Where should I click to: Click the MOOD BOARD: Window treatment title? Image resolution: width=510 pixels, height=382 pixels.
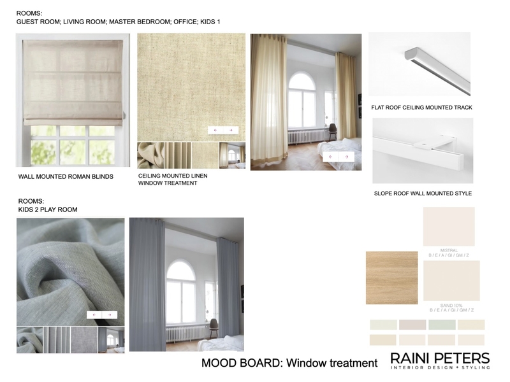pyautogui.click(x=289, y=364)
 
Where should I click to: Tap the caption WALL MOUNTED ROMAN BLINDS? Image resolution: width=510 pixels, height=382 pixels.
pyautogui.click(x=66, y=176)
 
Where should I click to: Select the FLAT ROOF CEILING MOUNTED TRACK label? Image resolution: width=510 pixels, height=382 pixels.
pyautogui.click(x=421, y=108)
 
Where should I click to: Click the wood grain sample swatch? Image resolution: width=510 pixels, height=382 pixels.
pyautogui.click(x=391, y=278)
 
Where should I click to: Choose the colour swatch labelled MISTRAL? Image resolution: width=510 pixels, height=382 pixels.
pyautogui.click(x=449, y=226)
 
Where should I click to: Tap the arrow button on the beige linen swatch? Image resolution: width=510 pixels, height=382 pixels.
pyautogui.click(x=223, y=130)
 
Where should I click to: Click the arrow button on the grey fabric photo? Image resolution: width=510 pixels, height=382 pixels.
pyautogui.click(x=102, y=315)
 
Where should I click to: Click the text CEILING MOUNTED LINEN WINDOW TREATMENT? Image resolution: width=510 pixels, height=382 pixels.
pyautogui.click(x=173, y=179)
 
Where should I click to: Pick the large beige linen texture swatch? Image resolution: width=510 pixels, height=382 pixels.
pyautogui.click(x=191, y=86)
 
